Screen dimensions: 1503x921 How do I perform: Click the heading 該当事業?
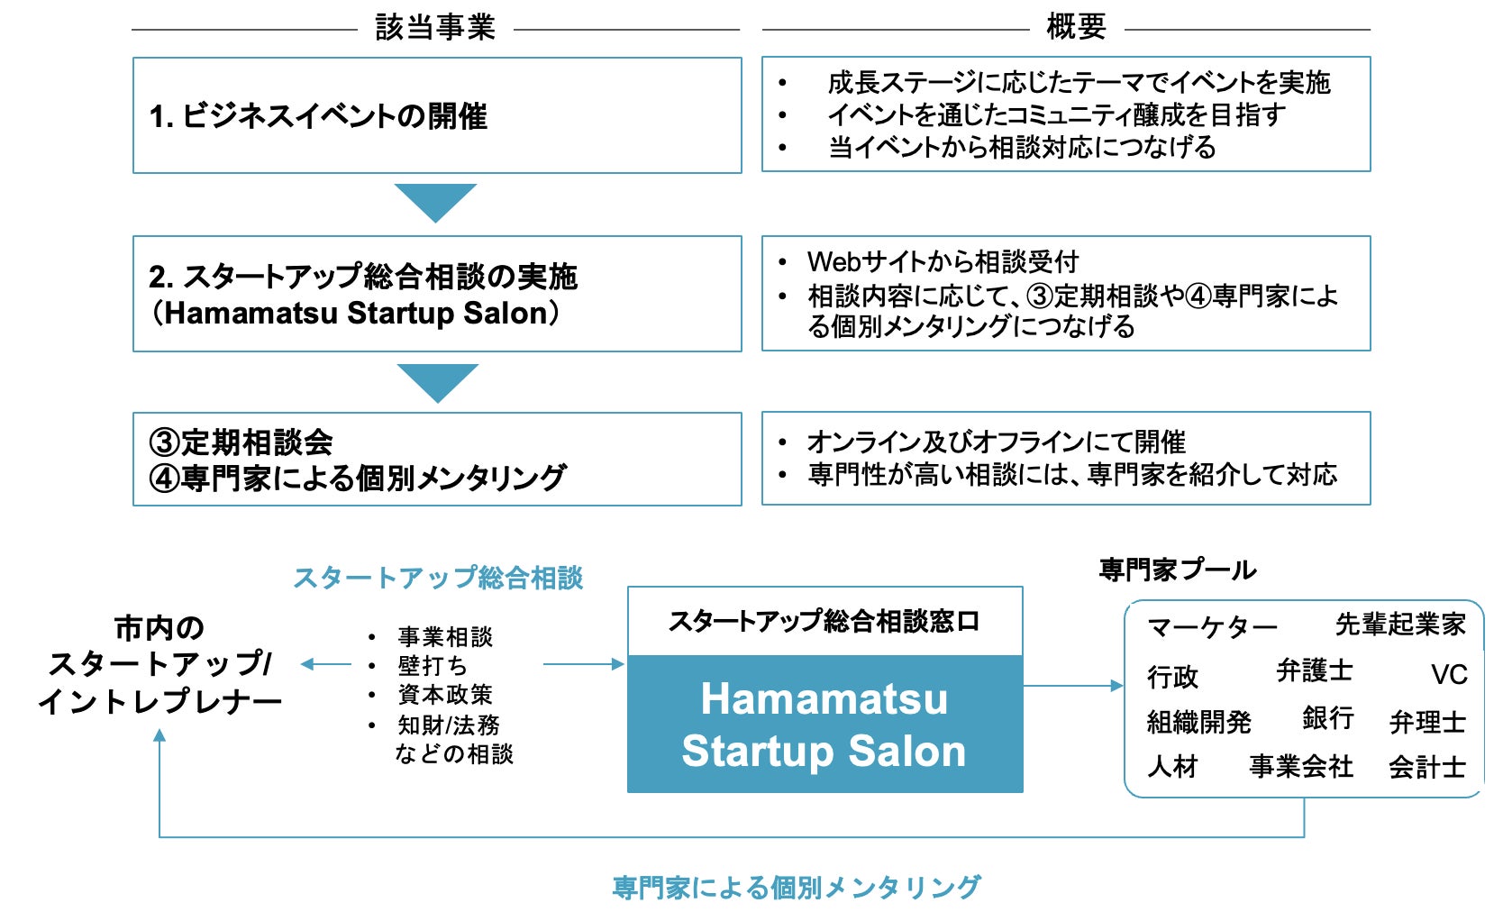(435, 27)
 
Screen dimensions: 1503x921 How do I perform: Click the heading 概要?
(1076, 27)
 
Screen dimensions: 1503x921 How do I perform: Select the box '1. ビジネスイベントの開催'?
(437, 115)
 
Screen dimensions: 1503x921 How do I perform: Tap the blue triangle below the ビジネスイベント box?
(435, 200)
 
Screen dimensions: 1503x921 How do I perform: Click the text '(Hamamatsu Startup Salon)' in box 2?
(356, 313)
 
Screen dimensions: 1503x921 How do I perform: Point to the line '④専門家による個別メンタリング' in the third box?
(358, 478)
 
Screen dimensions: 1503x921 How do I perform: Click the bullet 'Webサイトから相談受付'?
(943, 261)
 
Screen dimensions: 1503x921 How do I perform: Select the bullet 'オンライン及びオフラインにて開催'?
(996, 442)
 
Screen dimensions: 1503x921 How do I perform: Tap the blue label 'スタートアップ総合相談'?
(438, 578)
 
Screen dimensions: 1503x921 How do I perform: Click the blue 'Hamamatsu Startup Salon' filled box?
(824, 725)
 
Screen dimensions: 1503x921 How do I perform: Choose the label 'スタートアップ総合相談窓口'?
(824, 621)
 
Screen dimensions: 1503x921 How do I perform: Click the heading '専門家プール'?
(1177, 570)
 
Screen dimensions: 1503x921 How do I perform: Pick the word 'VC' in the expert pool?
(1449, 674)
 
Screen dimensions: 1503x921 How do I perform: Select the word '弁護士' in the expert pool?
(1315, 670)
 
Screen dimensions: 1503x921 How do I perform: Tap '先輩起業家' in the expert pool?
(1400, 624)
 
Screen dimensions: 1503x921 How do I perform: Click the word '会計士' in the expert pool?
(1427, 767)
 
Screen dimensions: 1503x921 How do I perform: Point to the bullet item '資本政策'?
(445, 695)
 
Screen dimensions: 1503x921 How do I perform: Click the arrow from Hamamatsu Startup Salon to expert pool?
(1073, 686)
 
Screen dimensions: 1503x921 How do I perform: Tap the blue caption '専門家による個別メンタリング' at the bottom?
(796, 888)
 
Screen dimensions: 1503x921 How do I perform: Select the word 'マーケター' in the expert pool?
(1212, 627)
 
